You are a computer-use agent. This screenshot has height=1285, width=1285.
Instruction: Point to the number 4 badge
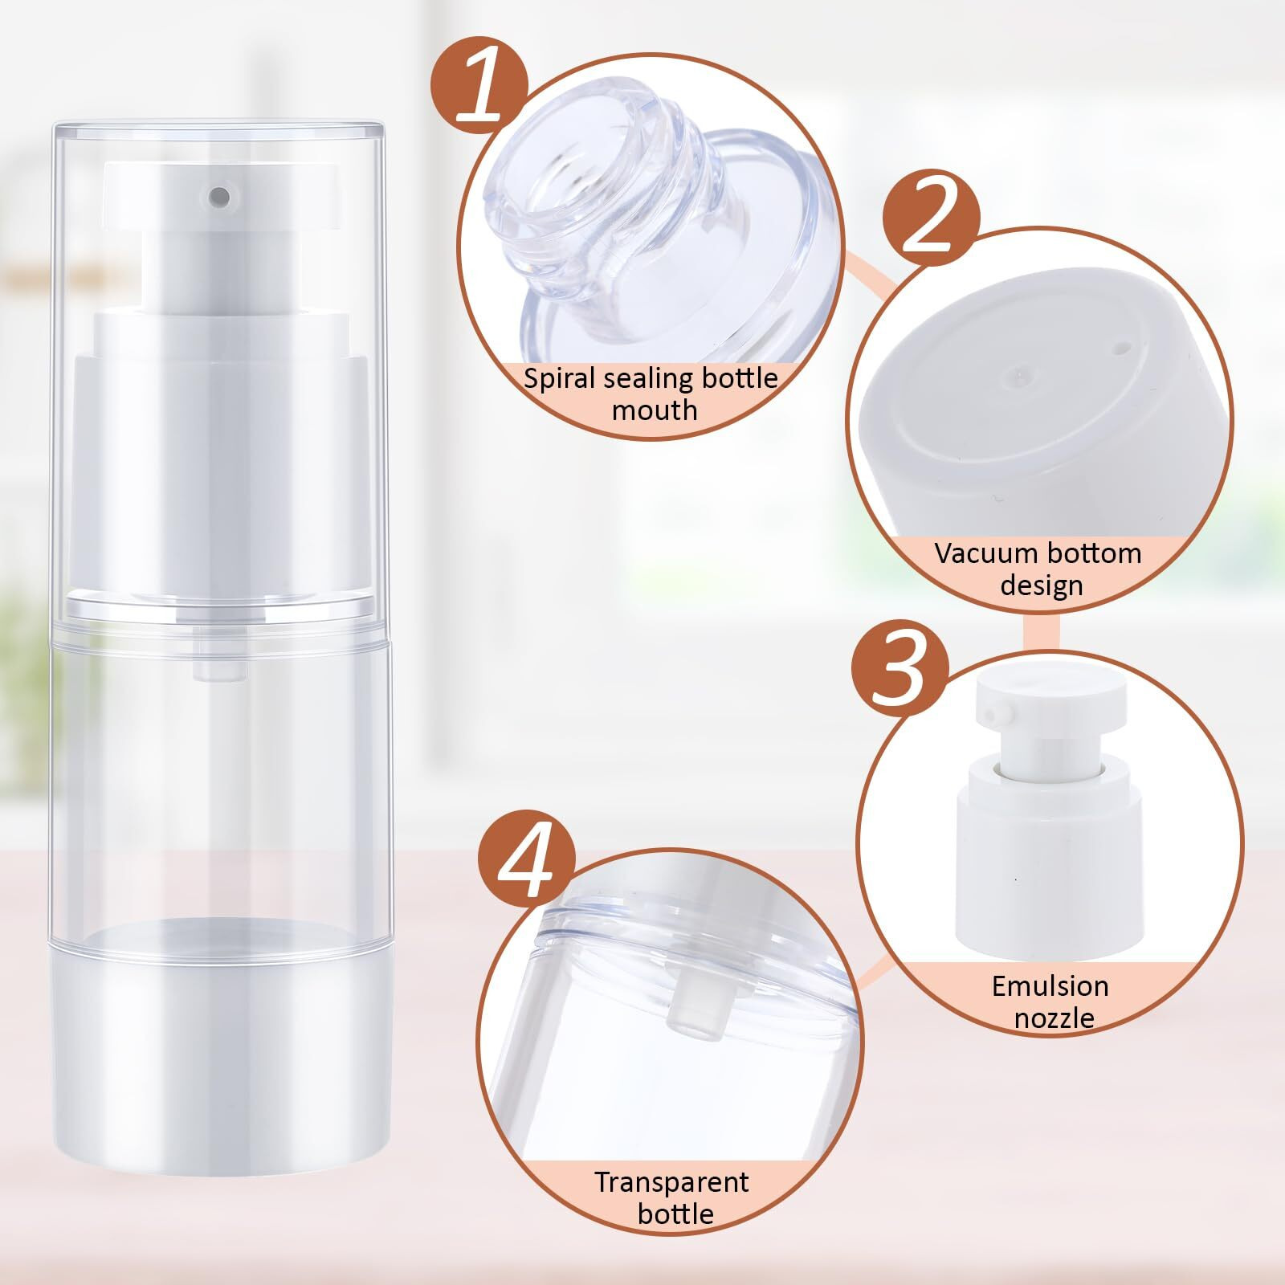[x=527, y=872]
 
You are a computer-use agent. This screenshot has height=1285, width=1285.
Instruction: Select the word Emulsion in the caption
[x=1050, y=986]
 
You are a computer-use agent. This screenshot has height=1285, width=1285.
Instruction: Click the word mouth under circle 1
[x=654, y=410]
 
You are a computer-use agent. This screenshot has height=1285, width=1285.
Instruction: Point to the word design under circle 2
[x=1042, y=585]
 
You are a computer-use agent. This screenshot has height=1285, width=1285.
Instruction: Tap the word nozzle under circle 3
[x=1054, y=1018]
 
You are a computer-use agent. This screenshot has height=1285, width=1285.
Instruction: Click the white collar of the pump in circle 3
[x=1047, y=843]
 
